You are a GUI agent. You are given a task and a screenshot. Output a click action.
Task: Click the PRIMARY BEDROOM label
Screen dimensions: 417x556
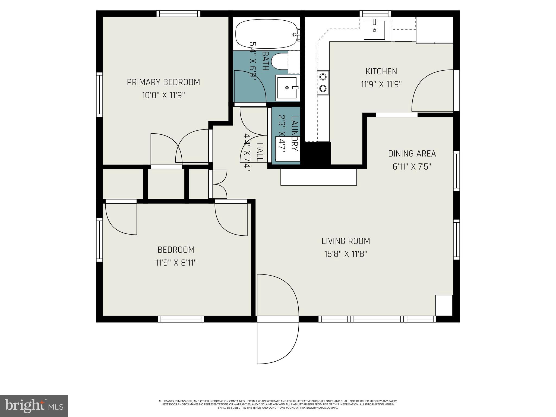pyautogui.click(x=163, y=82)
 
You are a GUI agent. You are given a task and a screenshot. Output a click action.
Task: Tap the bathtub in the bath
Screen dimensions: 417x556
pyautogui.click(x=266, y=34)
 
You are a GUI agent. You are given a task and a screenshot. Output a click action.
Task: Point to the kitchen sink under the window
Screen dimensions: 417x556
pyautogui.click(x=374, y=30)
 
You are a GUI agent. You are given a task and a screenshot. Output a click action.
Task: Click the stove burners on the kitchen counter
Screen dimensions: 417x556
pyautogui.click(x=323, y=83)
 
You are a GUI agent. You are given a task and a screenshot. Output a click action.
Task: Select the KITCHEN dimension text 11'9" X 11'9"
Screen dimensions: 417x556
pyautogui.click(x=381, y=84)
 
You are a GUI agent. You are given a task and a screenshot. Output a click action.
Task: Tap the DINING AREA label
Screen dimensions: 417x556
pyautogui.click(x=412, y=154)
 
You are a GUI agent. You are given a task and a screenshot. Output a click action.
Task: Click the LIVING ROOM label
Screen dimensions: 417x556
pyautogui.click(x=346, y=241)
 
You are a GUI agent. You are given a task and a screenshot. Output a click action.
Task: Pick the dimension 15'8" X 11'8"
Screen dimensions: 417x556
pyautogui.click(x=346, y=254)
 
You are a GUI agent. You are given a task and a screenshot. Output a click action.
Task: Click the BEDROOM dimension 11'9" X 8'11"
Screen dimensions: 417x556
pyautogui.click(x=176, y=263)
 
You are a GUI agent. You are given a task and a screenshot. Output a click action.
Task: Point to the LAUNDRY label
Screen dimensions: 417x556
pyautogui.click(x=295, y=133)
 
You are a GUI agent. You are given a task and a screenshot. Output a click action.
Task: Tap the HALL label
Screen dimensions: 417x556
pyautogui.click(x=260, y=153)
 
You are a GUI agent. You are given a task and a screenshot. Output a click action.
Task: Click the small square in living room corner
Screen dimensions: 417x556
pyautogui.click(x=444, y=305)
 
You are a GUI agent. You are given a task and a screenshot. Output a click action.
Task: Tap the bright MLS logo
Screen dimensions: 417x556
pyautogui.click(x=34, y=406)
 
